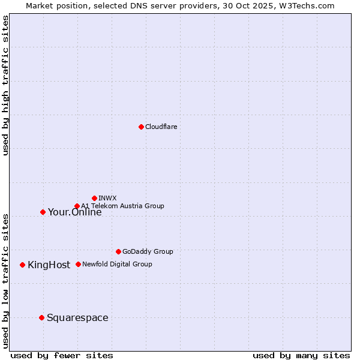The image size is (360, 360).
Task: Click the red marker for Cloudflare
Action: tap(141, 127)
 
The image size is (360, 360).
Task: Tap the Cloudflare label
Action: tap(161, 127)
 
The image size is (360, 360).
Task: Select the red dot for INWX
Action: tap(94, 198)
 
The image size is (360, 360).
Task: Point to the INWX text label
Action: tap(107, 198)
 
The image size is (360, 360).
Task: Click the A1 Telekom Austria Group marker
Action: tap(77, 206)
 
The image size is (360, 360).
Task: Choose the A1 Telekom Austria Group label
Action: tap(122, 206)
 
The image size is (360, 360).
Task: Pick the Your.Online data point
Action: tap(43, 212)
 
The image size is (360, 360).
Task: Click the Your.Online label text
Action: tap(74, 212)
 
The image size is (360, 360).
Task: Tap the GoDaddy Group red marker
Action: tap(118, 251)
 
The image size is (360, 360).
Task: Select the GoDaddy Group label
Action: tap(148, 251)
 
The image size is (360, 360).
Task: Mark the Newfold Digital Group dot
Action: tap(78, 264)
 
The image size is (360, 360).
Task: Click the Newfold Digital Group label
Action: tap(117, 264)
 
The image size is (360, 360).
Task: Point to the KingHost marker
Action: tap(22, 265)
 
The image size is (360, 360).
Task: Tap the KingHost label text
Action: tap(49, 265)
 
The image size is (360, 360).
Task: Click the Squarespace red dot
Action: tap(41, 317)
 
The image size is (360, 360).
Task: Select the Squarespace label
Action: tap(77, 317)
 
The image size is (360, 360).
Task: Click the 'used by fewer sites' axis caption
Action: tap(62, 356)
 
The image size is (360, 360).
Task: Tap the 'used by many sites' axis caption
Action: tap(301, 356)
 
